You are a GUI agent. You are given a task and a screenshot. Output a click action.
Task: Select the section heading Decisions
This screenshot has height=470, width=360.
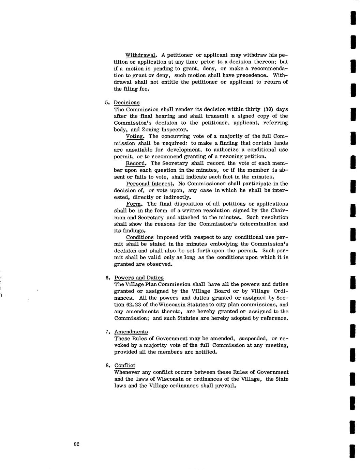tap(126, 103)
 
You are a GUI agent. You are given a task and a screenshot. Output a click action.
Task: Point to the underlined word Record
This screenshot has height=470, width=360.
tap(136, 163)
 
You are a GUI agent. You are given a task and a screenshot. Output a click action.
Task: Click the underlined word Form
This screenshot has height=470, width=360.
tap(134, 204)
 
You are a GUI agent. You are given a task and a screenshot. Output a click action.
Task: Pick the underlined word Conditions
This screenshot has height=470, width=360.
tap(140, 237)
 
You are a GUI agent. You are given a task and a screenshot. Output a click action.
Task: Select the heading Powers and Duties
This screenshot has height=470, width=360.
tap(139, 278)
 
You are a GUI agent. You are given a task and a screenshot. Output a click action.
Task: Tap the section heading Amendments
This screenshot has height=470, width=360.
tap(131, 332)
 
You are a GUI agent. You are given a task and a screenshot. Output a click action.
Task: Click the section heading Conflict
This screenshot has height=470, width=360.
tap(125, 365)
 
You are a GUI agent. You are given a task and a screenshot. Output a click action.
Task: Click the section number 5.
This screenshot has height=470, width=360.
tap(107, 103)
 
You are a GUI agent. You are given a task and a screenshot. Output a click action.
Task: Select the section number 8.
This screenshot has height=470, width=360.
tap(107, 366)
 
